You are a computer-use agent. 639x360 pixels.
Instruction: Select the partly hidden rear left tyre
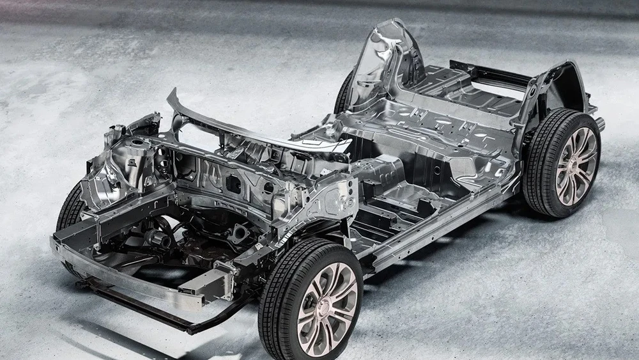pyautogui.click(x=344, y=96)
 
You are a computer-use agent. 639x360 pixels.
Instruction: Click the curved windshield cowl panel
pyautogui.click(x=256, y=131)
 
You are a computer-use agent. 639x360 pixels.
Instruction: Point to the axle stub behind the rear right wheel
pyautogui.click(x=600, y=123)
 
